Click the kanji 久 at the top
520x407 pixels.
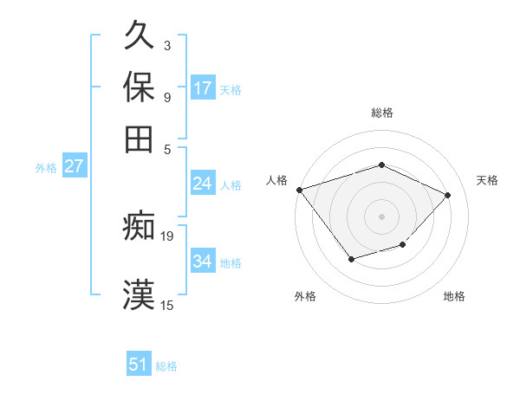click(140, 37)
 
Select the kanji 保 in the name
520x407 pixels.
click(140, 87)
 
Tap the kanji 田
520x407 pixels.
click(140, 138)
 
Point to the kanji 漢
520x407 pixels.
click(140, 293)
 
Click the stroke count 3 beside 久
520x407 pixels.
click(166, 45)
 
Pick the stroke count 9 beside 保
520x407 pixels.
click(166, 95)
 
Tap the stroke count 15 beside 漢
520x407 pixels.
click(167, 305)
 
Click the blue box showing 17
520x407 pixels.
click(203, 88)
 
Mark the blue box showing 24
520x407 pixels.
click(203, 184)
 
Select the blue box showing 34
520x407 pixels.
click(203, 262)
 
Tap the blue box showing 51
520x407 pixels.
click(139, 365)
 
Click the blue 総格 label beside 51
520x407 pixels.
click(166, 366)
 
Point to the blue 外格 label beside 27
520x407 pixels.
click(45, 168)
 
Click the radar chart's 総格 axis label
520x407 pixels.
click(381, 113)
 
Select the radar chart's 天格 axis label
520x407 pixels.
click(487, 180)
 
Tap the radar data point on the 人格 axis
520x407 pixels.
click(299, 190)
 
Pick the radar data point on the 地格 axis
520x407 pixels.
click(403, 245)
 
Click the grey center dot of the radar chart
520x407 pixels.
click(381, 216)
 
